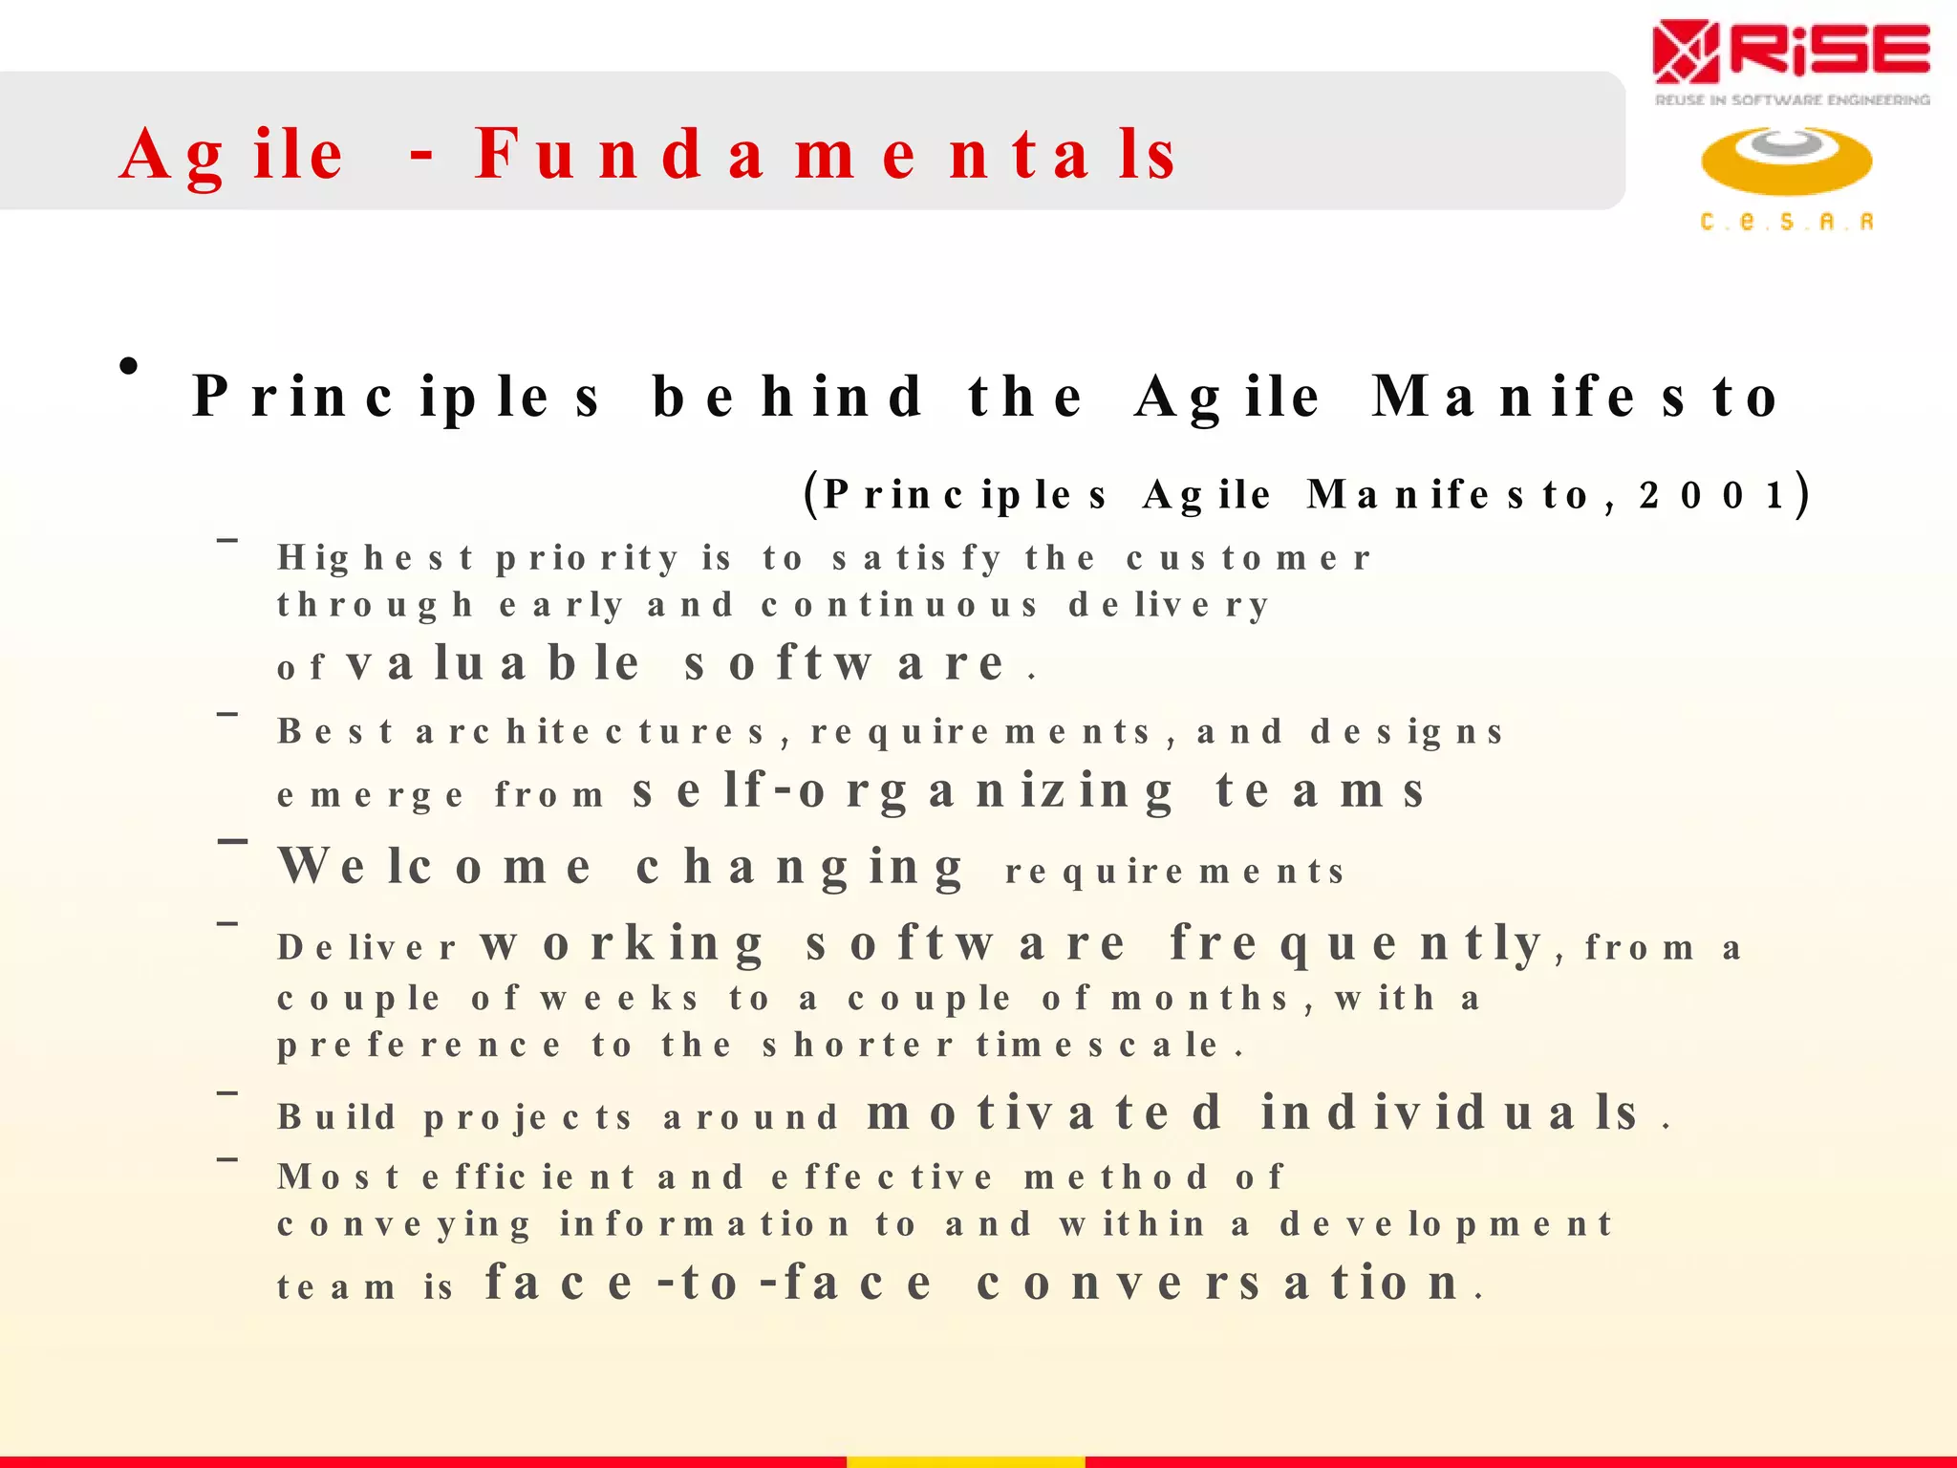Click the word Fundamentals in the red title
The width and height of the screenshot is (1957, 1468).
pyautogui.click(x=827, y=155)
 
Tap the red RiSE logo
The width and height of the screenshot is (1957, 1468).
pyautogui.click(x=1791, y=52)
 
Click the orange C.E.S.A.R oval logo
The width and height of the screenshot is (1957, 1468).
pyautogui.click(x=1786, y=161)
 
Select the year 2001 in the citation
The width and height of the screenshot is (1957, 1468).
pyautogui.click(x=1711, y=495)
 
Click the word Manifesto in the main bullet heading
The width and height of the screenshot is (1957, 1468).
pyautogui.click(x=1576, y=397)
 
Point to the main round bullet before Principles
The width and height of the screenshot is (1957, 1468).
pyautogui.click(x=129, y=366)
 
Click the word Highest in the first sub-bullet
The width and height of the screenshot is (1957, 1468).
pyautogui.click(x=375, y=558)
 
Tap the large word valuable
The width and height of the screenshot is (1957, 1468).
pyautogui.click(x=492, y=663)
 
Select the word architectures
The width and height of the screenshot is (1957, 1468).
pyautogui.click(x=591, y=732)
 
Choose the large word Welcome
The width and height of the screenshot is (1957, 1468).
pyautogui.click(x=435, y=867)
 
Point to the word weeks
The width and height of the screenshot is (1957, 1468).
pyautogui.click(x=619, y=999)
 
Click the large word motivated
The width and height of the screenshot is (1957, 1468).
pyautogui.click(x=1043, y=1112)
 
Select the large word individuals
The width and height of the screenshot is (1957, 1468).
pyautogui.click(x=1450, y=1112)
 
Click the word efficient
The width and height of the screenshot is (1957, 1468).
pyautogui.click(x=528, y=1177)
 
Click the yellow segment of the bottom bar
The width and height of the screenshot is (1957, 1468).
pyautogui.click(x=965, y=1461)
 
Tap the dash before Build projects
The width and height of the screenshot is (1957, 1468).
pyautogui.click(x=227, y=1092)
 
